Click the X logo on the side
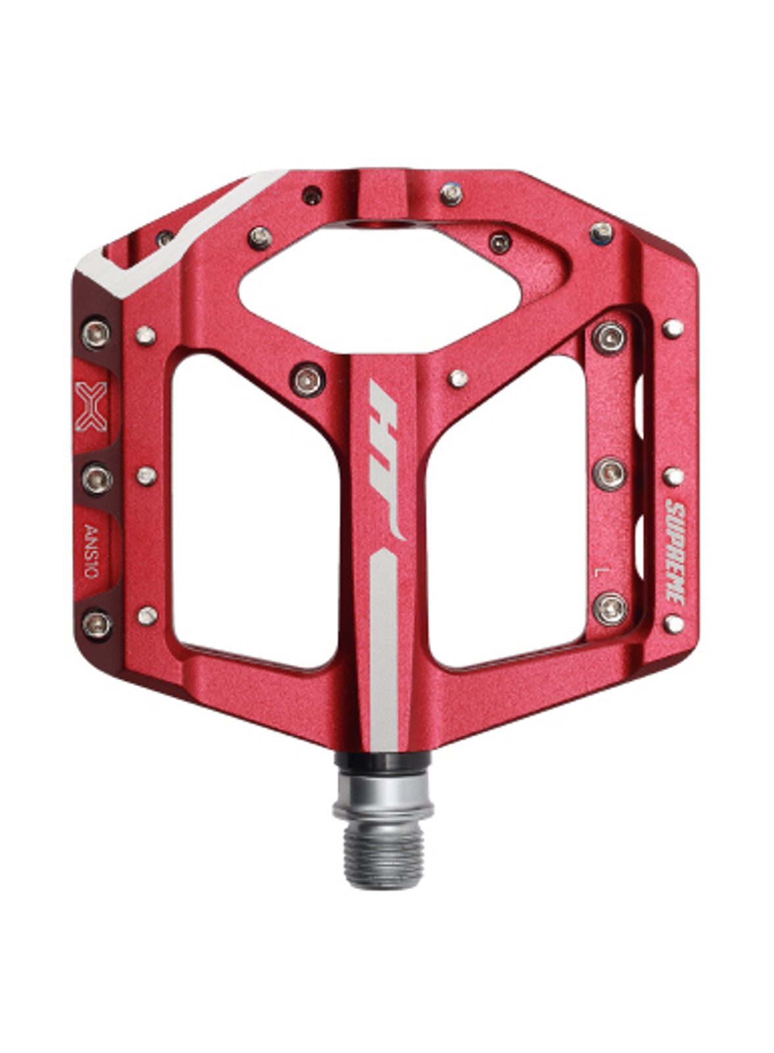(91, 407)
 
